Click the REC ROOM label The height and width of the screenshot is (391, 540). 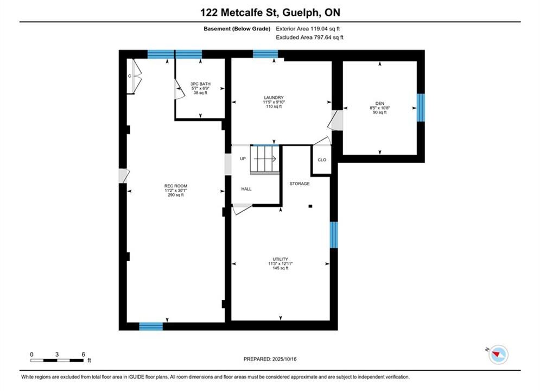click(x=176, y=186)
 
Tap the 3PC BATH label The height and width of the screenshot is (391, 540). click(x=200, y=84)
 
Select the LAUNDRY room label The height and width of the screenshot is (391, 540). click(x=274, y=98)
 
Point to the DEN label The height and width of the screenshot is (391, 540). click(x=380, y=103)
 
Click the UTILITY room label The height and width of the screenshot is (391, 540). click(x=281, y=260)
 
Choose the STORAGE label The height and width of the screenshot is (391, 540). click(x=300, y=184)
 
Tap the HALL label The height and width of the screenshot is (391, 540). click(x=246, y=189)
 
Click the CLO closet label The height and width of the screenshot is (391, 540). click(x=322, y=160)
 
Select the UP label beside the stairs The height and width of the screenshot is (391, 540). click(x=243, y=159)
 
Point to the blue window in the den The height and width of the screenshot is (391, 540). click(x=421, y=108)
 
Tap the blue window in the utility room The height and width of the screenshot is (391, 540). click(x=334, y=235)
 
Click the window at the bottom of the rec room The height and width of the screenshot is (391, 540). click(x=151, y=326)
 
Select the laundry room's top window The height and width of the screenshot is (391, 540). click(x=265, y=54)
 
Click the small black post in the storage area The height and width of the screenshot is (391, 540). click(x=310, y=206)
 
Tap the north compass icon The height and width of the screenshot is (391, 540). click(x=498, y=355)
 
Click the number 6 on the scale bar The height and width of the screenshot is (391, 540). click(x=84, y=355)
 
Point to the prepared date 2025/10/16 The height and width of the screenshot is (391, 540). click(x=284, y=360)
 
